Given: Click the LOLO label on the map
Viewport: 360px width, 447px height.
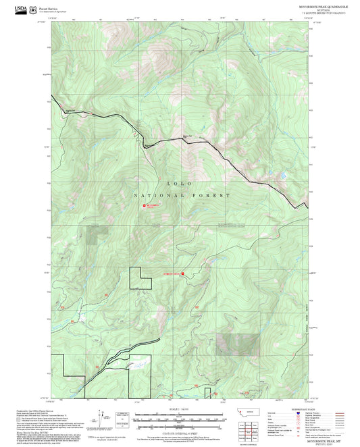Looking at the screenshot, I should tap(180, 184).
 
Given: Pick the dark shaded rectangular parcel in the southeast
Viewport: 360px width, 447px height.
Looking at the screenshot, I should tap(241, 344).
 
